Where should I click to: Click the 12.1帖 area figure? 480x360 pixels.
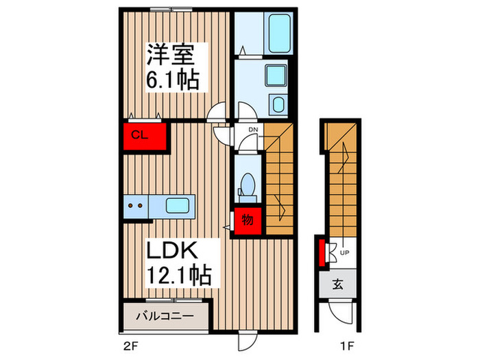(176, 276)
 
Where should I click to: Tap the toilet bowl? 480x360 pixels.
(248, 185)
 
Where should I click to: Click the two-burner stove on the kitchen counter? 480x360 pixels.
(136, 204)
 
